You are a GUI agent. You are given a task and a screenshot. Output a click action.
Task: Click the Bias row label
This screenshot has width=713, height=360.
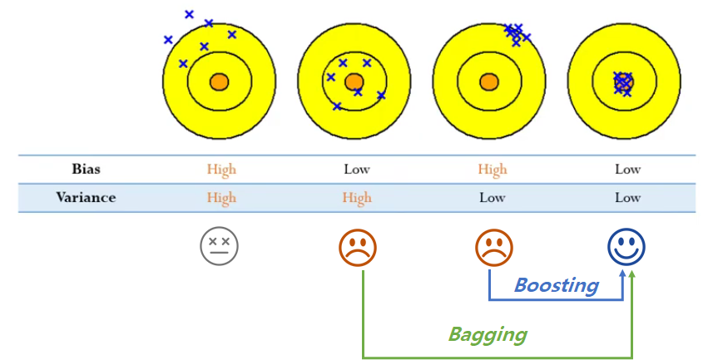[x=86, y=169]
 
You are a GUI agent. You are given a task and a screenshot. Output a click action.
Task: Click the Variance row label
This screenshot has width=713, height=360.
[x=86, y=198]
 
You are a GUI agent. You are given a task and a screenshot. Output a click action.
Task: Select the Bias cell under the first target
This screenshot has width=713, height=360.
[x=221, y=170]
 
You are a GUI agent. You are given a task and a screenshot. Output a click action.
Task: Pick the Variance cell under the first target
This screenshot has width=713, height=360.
[x=221, y=198]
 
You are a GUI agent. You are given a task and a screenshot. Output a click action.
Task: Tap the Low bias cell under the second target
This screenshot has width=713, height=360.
[x=357, y=170]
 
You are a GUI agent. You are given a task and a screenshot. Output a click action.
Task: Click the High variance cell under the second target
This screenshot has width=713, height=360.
[x=357, y=198]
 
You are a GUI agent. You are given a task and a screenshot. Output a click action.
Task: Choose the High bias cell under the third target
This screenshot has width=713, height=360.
[x=493, y=170]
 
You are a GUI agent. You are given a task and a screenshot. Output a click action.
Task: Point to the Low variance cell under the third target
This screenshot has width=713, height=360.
[x=493, y=198]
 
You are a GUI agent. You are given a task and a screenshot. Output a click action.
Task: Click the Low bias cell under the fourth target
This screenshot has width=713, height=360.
[x=627, y=170]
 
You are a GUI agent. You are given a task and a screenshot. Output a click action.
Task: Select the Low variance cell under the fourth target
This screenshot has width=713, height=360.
[x=627, y=198]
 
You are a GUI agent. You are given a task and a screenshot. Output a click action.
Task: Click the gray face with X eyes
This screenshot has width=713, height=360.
[x=220, y=246]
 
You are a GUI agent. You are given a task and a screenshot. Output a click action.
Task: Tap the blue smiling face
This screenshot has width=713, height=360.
[x=626, y=247]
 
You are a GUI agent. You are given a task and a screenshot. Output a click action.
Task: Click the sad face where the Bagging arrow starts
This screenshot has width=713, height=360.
[x=358, y=247]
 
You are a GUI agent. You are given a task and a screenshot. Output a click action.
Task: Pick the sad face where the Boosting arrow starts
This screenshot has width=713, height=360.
[x=493, y=247]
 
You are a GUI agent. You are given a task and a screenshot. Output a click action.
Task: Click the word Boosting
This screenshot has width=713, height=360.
[x=556, y=286]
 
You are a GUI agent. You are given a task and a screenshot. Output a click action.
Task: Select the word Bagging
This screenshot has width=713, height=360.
[x=488, y=334]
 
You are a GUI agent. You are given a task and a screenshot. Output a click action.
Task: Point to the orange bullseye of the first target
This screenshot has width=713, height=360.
[x=219, y=81]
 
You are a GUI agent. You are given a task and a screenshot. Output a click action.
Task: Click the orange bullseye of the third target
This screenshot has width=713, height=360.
[x=489, y=81]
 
